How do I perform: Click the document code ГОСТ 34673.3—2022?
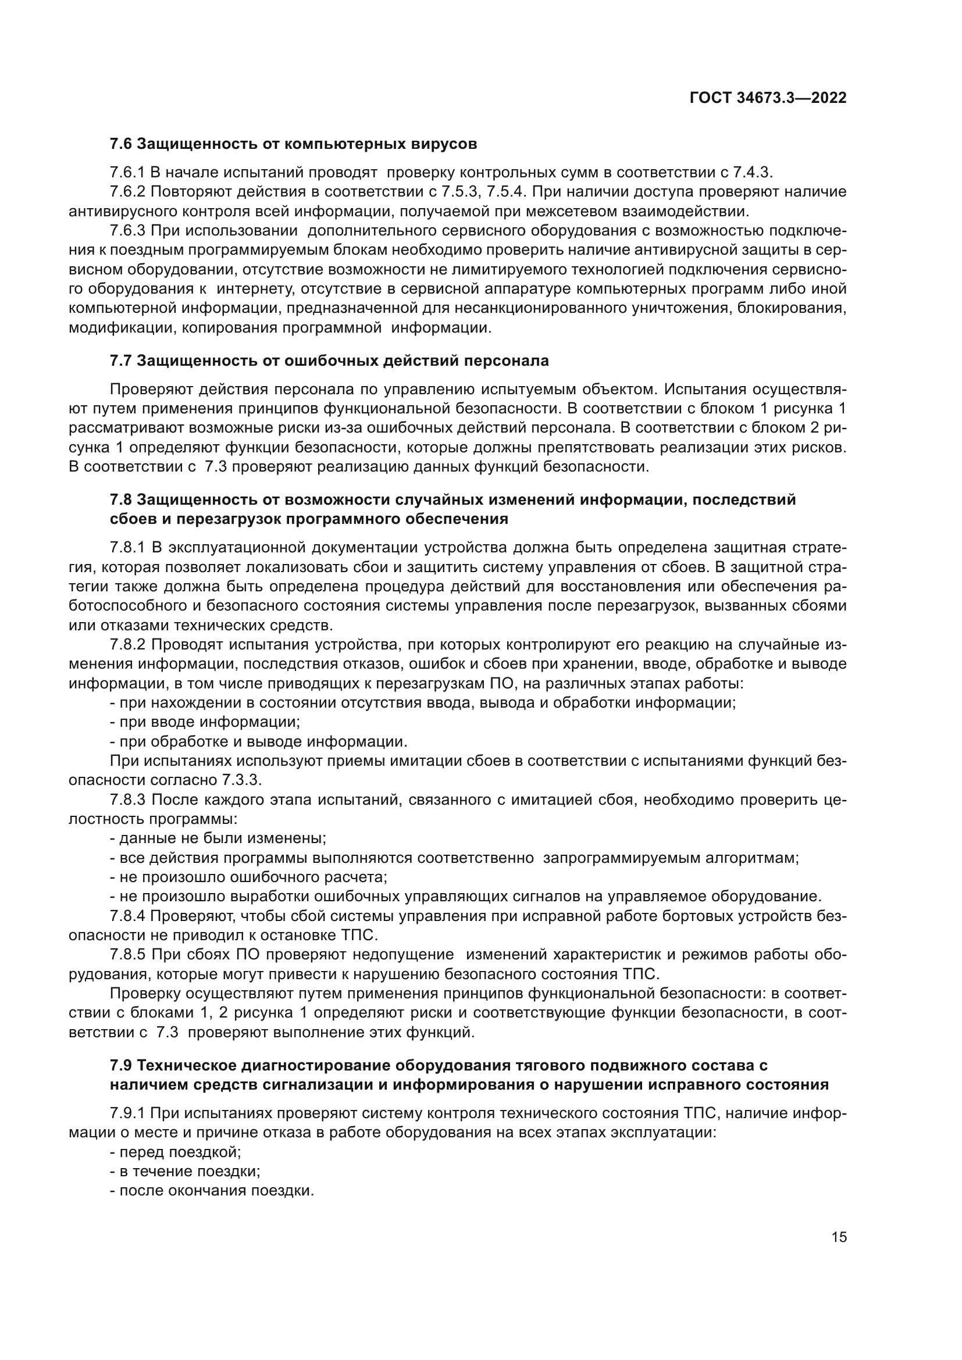[x=768, y=98]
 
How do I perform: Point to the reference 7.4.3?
[x=752, y=172]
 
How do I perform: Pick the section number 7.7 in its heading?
[x=122, y=360]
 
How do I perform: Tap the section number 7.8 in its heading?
[x=122, y=500]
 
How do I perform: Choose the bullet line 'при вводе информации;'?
[x=205, y=722]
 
